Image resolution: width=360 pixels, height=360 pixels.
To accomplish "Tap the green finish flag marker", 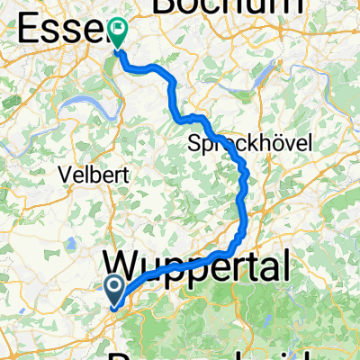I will [x=118, y=33].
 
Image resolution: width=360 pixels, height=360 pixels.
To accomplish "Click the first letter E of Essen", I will [x=27, y=31].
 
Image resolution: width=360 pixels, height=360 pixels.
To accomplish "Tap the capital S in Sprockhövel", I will [x=195, y=145].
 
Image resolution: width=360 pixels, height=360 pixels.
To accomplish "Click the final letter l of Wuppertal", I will [x=287, y=266].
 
